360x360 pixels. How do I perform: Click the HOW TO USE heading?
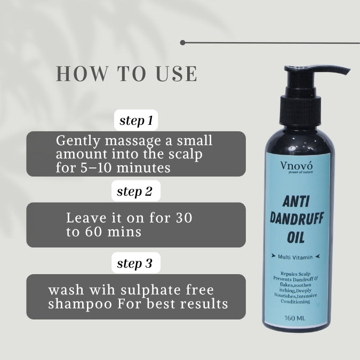coord(126,74)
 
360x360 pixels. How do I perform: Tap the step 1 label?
coord(136,121)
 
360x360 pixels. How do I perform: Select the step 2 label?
coord(136,193)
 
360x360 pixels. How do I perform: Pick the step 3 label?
coord(136,263)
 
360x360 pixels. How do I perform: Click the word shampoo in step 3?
coord(78,304)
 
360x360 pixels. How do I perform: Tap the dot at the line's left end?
coord(183,42)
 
